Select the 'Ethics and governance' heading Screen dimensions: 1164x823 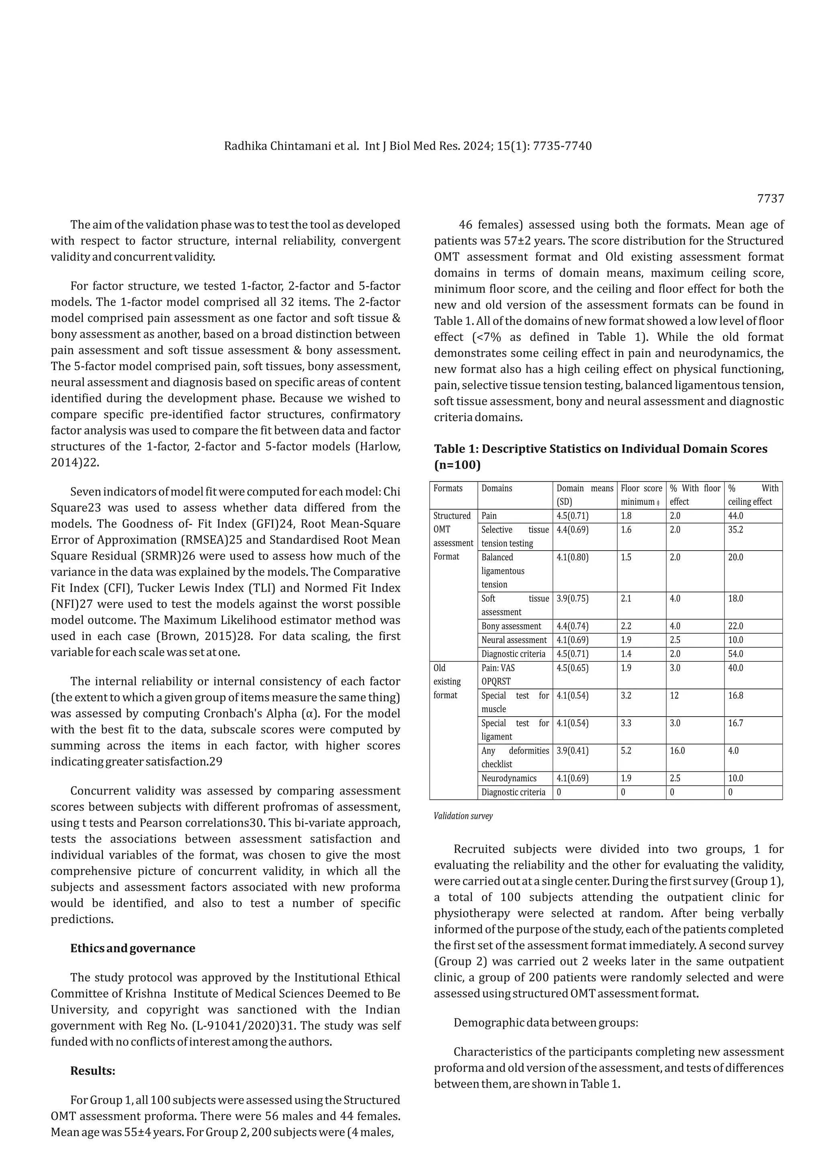pyautogui.click(x=132, y=948)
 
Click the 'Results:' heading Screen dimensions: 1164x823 pyautogui.click(x=93, y=1070)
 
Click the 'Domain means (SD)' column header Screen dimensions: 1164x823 pyautogui.click(x=584, y=495)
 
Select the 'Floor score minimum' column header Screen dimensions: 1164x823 pyautogui.click(x=641, y=495)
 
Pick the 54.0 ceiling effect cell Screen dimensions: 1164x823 pyautogui.click(x=735, y=654)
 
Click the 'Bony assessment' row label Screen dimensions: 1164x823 pyautogui.click(x=511, y=626)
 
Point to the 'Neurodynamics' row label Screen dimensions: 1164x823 pyautogui.click(x=509, y=778)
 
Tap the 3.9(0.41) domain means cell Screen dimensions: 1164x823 pyautogui.click(x=572, y=751)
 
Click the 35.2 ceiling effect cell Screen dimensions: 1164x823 pyautogui.click(x=735, y=530)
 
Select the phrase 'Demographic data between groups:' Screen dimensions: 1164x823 pyautogui.click(x=545, y=1022)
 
